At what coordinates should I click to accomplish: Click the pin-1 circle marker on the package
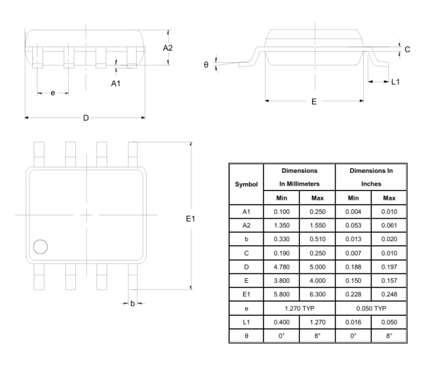pos(40,247)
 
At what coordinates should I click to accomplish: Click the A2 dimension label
pos(168,48)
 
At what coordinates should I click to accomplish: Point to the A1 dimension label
pos(116,84)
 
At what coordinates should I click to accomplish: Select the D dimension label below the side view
pos(86,118)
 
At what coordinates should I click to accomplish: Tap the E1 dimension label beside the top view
pos(190,219)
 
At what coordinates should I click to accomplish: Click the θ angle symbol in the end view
pos(206,65)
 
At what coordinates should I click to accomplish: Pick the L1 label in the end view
pos(396,82)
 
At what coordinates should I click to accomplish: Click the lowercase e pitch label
pos(53,93)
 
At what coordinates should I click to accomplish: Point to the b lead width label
pos(133,303)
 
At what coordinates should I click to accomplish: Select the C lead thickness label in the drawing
pos(407,49)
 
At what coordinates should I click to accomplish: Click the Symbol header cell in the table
pos(246,184)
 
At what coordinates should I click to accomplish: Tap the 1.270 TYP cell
pos(299,309)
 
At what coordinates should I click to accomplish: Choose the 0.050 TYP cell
pos(371,309)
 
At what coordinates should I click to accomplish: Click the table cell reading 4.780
pos(282,267)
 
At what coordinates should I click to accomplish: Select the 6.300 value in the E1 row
pos(317,294)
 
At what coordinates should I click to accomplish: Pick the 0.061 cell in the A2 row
pos(389,225)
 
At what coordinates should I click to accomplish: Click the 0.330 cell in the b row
pos(282,239)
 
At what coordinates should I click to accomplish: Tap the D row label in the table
pos(246,267)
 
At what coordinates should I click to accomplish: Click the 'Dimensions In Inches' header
pos(371,177)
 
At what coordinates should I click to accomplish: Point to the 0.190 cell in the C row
pos(282,253)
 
